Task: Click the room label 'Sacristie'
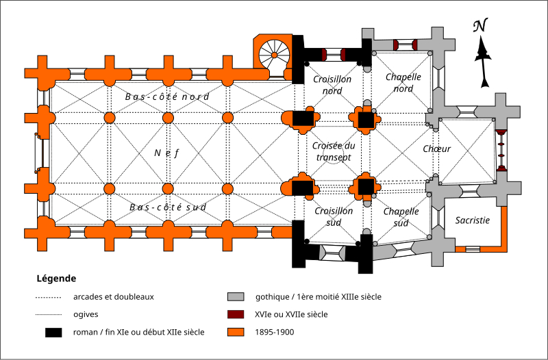[473, 220]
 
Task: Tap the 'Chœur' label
[436, 149]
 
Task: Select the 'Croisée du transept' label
[333, 151]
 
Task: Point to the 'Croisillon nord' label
[332, 85]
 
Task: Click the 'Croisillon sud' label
[334, 216]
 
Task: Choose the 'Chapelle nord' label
[403, 83]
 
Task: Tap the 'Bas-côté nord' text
[167, 97]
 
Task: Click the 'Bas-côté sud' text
[168, 207]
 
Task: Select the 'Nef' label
[166, 153]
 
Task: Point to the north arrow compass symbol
[484, 55]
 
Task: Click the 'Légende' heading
[55, 279]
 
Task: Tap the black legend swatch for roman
[53, 333]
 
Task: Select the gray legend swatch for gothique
[236, 297]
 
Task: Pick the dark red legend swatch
[236, 315]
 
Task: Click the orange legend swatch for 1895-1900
[236, 333]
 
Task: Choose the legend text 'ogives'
[86, 315]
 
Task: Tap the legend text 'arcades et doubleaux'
[113, 297]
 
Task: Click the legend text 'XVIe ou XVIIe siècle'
[291, 315]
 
